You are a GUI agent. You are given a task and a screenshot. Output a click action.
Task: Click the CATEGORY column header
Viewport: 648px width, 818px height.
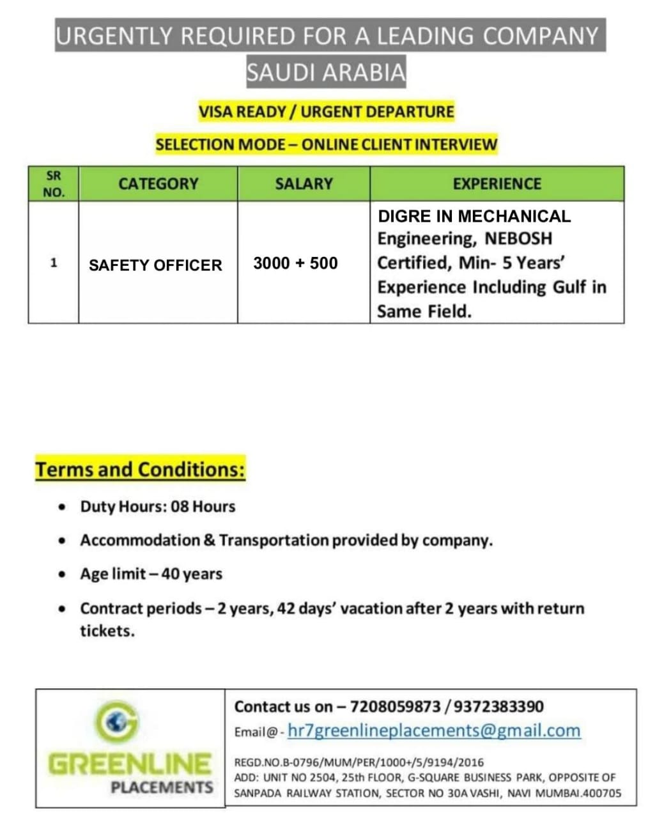158,184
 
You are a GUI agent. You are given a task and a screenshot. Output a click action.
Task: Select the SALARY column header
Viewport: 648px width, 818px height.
304,184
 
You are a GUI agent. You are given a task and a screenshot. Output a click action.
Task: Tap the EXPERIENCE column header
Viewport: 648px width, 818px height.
497,184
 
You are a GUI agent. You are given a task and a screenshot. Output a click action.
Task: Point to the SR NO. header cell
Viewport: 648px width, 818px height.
54,184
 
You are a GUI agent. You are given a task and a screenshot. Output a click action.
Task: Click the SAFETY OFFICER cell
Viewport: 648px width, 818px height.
155,265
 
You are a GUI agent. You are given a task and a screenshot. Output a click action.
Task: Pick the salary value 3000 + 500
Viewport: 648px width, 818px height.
295,263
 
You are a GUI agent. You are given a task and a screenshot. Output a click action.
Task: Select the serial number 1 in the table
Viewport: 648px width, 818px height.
54,263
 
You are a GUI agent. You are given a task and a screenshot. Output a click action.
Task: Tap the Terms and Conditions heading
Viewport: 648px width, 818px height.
140,470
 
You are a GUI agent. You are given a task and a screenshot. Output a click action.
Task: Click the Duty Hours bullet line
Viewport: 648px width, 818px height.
157,507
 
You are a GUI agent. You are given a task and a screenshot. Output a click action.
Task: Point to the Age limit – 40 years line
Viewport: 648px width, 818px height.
151,574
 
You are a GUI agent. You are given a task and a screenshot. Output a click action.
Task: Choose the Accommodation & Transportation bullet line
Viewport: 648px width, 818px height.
286,541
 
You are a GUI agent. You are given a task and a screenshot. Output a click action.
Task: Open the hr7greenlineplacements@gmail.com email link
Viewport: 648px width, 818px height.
434,730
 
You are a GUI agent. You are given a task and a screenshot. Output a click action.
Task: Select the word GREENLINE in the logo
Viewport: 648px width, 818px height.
130,764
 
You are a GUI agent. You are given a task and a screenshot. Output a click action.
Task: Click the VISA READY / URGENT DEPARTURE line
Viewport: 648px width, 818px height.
326,112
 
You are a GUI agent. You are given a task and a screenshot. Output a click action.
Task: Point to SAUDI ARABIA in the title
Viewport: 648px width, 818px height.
326,72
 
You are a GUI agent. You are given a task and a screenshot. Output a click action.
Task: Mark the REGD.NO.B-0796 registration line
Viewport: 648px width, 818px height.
359,762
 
